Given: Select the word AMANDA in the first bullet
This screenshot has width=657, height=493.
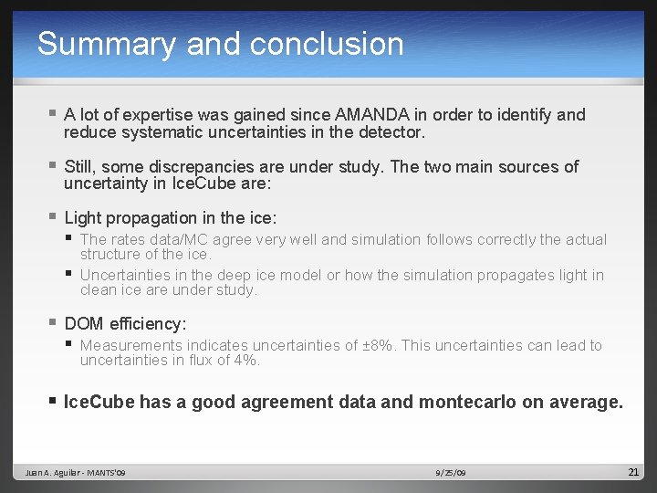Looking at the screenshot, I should point(373,115).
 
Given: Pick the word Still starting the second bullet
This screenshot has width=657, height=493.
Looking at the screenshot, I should point(80,167).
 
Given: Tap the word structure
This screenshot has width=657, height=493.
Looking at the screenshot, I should point(110,255).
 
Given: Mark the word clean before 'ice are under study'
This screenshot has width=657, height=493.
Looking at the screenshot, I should point(99,290).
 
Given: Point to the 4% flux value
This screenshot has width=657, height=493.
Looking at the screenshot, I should point(247,361).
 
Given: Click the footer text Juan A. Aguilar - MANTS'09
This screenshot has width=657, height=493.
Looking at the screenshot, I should point(76,473).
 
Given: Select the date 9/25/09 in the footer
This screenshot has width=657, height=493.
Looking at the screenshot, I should point(451,473).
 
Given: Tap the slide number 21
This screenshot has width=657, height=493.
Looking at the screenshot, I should point(633,472).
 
